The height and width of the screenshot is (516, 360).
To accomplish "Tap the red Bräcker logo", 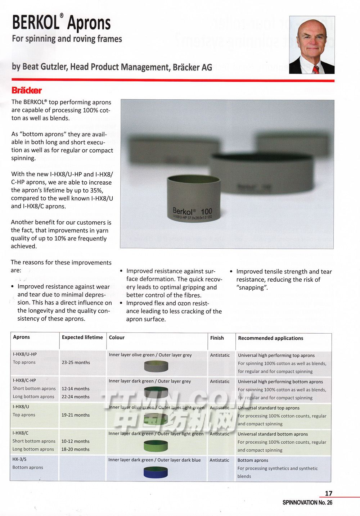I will [27, 90].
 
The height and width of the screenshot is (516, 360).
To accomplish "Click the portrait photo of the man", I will [312, 45].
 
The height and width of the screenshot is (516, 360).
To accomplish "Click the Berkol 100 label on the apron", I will [192, 212].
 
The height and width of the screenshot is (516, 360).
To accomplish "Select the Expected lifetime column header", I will [82, 337].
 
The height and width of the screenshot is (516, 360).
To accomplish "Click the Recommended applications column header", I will [270, 338].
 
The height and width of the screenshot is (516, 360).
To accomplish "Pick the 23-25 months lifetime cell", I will [76, 362].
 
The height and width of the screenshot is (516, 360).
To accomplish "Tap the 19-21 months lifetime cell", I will [75, 415].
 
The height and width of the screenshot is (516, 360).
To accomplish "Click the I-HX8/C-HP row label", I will [24, 380].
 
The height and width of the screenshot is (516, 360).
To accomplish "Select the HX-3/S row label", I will [19, 459].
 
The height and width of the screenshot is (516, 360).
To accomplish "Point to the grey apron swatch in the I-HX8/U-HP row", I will [156, 366].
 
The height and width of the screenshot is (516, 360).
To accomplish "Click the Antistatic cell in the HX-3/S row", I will [219, 460].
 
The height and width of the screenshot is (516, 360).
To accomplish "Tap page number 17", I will [328, 493].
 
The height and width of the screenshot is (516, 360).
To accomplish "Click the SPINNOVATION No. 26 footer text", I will [307, 502].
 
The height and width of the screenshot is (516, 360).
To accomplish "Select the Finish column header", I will [217, 338].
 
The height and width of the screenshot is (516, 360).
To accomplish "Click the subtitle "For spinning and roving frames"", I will [67, 39].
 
